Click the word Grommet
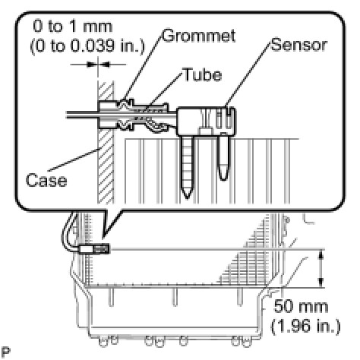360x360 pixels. pos(199,36)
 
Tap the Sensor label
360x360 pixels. pos(299,45)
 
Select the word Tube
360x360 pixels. pos(203,74)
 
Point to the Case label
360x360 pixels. pos(46,180)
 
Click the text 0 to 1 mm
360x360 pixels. pos(73,27)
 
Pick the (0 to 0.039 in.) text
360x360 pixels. pos(87,46)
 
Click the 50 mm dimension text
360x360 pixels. pos(301,306)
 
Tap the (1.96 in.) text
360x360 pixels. pos(305,326)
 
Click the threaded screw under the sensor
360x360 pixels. pos(188,167)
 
